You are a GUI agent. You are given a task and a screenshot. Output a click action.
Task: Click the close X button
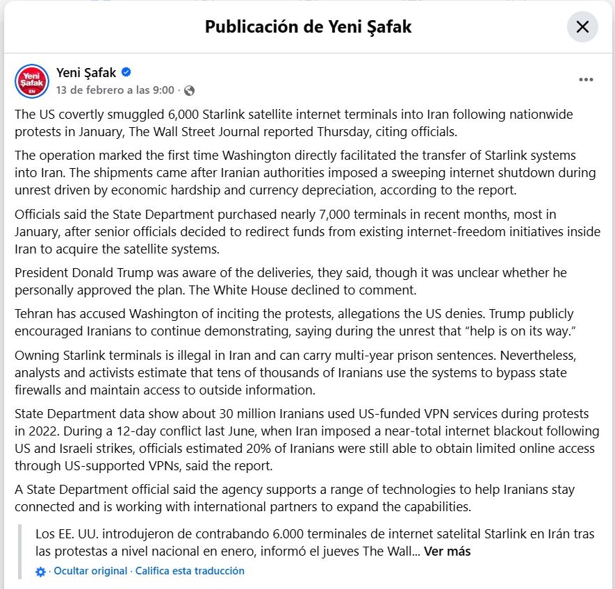tap(582, 27)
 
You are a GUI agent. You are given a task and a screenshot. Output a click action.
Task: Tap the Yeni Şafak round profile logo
tap(32, 81)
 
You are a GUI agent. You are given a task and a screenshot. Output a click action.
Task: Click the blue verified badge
tap(126, 72)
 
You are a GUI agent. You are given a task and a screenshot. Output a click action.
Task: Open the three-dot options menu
tap(586, 80)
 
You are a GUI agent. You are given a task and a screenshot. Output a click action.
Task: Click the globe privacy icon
tap(190, 90)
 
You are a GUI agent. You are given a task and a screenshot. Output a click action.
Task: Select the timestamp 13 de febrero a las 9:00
tap(115, 90)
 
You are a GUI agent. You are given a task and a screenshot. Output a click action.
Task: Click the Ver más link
tap(448, 551)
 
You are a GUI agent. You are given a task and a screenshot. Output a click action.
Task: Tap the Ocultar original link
tap(90, 571)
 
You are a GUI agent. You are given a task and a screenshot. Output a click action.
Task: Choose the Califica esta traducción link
tap(190, 571)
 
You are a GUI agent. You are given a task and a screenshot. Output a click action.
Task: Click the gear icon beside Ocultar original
tap(40, 572)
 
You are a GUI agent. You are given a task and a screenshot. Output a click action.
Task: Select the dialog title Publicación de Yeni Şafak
tap(308, 27)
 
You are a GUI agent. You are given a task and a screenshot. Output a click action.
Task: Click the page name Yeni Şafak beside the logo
tap(86, 73)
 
